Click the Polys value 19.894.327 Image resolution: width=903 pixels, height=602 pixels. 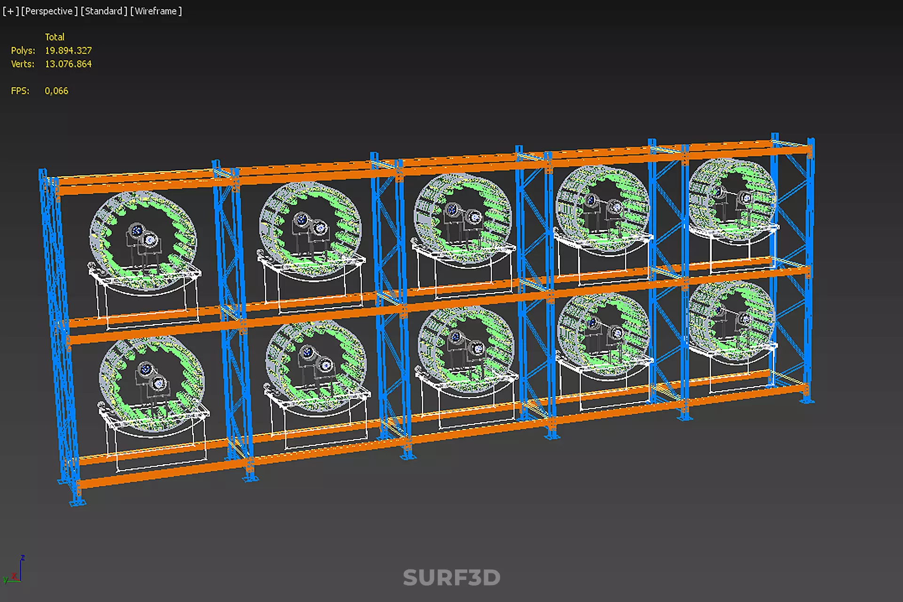pos(68,50)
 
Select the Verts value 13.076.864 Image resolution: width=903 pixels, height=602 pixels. pos(68,64)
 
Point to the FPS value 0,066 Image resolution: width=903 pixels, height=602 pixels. pos(56,91)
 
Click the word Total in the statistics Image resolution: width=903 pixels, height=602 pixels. pos(55,37)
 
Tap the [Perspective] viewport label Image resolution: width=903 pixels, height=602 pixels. pos(49,11)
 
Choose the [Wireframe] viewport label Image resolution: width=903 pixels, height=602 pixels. pos(156,11)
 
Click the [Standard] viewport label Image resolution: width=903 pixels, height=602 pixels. pos(104,11)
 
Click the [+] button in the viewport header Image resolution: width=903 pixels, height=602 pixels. pos(10,11)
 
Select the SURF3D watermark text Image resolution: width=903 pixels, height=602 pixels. pos(451,578)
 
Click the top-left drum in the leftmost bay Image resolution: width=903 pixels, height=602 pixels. pos(143,240)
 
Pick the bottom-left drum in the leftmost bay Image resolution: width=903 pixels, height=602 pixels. pos(151,383)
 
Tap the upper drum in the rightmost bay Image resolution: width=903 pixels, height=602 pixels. pos(731,200)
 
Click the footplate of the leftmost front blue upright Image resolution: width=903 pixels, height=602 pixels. pos(77,502)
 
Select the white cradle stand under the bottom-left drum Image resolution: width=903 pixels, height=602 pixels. pos(155,440)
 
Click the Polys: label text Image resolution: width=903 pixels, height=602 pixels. pos(23,50)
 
